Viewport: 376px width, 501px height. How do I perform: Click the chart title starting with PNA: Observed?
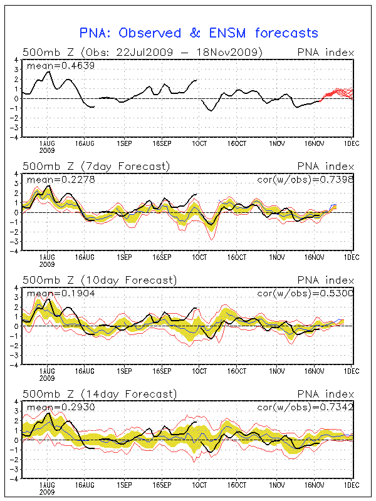pyautogui.click(x=199, y=33)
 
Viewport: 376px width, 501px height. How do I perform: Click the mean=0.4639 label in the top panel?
pyautogui.click(x=52, y=64)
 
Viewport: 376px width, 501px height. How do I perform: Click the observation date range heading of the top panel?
pyautogui.click(x=142, y=52)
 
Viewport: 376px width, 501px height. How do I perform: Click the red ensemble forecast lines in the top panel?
pyautogui.click(x=338, y=93)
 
